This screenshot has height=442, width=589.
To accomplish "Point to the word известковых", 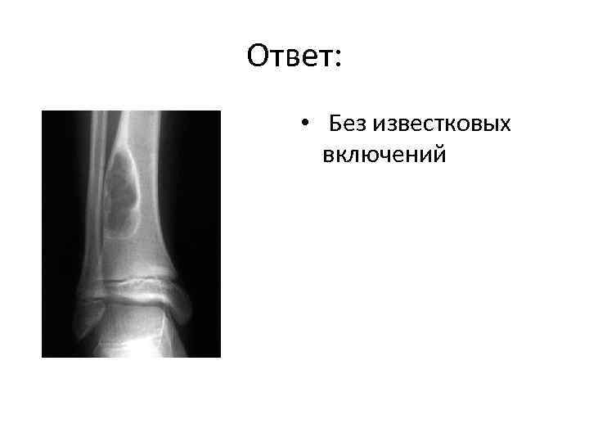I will (442, 124).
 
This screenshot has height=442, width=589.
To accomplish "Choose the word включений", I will (384, 154).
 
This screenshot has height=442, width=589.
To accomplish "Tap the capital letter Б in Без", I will (336, 124).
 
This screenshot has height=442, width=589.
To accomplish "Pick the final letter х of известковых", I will (506, 125).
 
